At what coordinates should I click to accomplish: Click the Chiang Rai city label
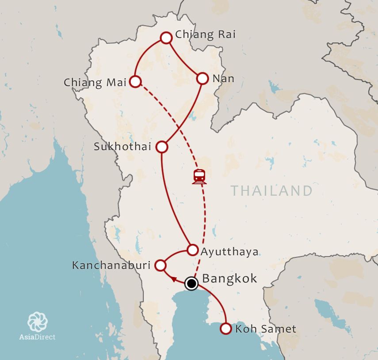point(206,34)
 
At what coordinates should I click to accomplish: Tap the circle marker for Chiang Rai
point(166,38)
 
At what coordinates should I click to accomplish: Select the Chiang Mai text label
point(95,82)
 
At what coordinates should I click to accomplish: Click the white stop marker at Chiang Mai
point(135,81)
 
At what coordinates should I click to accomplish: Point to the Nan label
point(223,79)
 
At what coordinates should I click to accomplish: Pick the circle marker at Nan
point(202,78)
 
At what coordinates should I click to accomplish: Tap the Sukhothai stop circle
point(162,146)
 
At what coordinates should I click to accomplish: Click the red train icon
point(199,176)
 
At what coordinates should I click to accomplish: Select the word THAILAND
point(271,191)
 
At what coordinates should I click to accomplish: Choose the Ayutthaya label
point(229,252)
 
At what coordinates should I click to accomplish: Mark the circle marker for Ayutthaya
point(192,250)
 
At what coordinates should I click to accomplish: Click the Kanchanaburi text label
point(111,265)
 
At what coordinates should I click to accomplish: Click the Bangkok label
point(229,279)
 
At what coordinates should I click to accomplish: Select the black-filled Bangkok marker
point(191,283)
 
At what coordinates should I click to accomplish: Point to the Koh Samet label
point(266,329)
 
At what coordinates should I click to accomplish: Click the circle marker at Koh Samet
point(226,329)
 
